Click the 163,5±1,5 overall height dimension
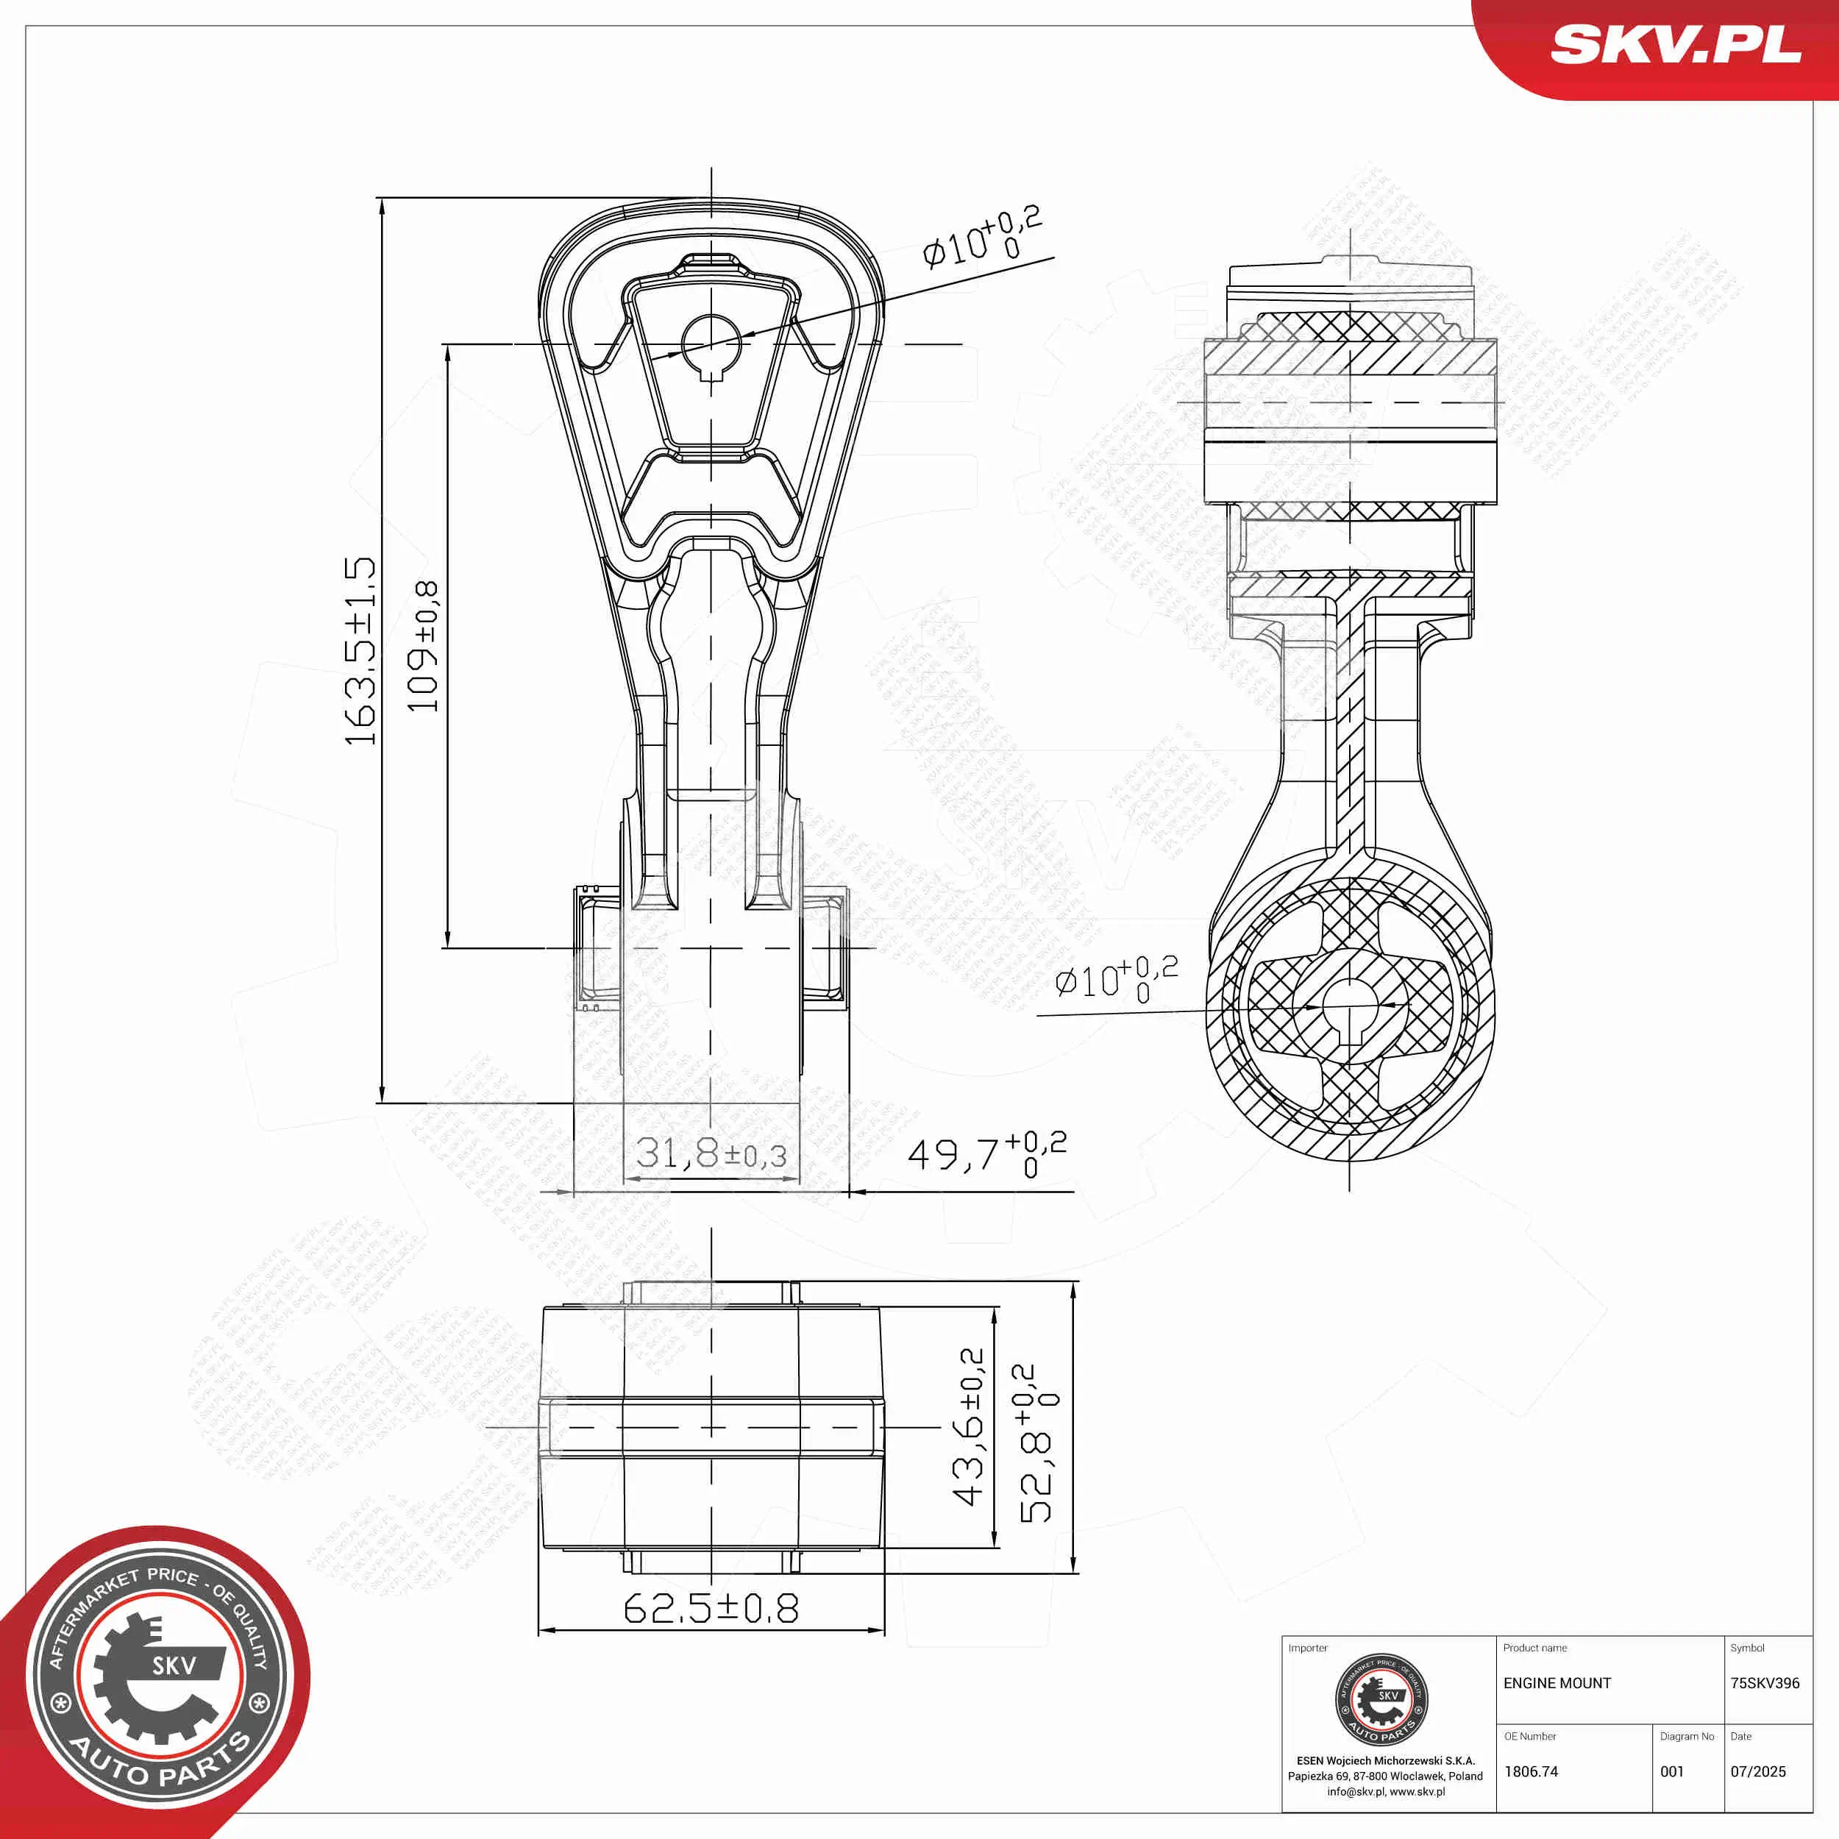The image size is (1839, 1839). [360, 651]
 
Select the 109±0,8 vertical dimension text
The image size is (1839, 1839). [423, 647]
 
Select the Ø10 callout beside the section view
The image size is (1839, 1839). [1116, 978]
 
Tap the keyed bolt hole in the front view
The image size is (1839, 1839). [711, 343]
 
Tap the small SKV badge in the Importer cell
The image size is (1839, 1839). [1381, 1700]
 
